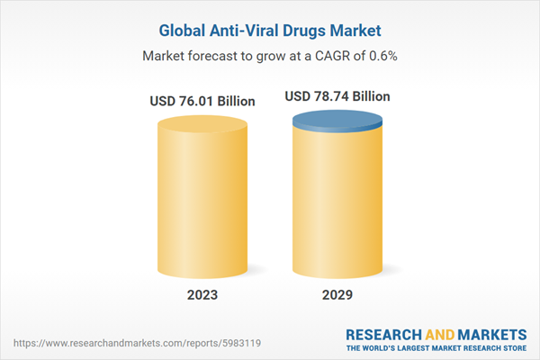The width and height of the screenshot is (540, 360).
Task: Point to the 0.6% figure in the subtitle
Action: click(x=381, y=56)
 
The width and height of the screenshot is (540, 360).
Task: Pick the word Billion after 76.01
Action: click(x=236, y=102)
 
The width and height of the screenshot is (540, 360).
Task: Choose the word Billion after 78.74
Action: click(x=372, y=95)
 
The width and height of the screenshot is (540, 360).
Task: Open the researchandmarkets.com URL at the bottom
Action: click(x=115, y=343)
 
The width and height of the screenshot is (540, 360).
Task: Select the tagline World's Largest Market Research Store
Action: click(x=442, y=346)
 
